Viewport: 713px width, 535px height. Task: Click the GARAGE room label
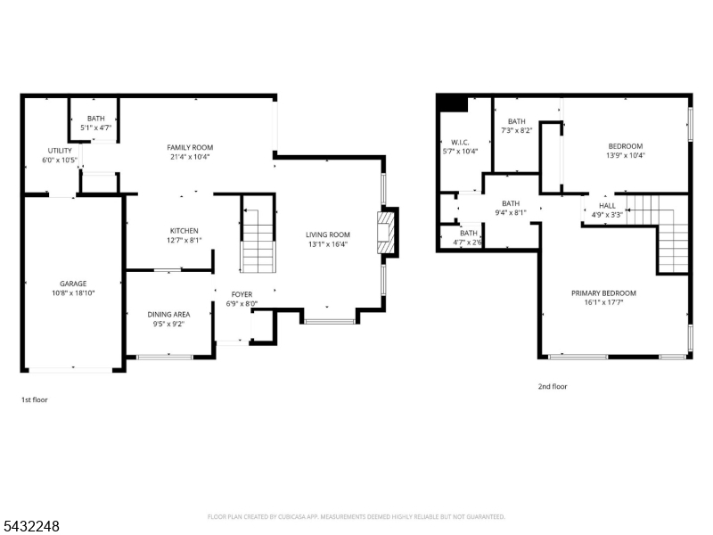[x=73, y=284]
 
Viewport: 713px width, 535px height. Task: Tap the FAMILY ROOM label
[x=190, y=147]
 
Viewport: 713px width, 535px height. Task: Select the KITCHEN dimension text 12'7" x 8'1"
[x=184, y=240]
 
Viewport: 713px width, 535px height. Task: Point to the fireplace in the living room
[x=386, y=233]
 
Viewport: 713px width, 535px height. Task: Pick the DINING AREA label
[x=168, y=315]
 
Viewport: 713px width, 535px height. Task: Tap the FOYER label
[x=242, y=294]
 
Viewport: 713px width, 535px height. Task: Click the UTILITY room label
[x=60, y=151]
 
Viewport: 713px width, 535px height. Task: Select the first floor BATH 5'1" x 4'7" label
[x=96, y=123]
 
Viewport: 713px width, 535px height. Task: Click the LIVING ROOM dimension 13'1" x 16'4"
[x=328, y=244]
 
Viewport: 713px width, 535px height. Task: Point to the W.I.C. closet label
[x=460, y=143]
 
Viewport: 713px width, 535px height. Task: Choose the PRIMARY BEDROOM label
[x=604, y=293]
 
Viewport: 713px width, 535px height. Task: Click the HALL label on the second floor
[x=607, y=206]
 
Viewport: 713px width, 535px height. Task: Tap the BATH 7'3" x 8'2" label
[x=517, y=126]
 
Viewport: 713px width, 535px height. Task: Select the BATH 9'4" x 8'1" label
[x=511, y=208]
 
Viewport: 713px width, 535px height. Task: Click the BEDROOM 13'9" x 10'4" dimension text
[x=626, y=155]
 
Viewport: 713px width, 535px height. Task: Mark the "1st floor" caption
[x=35, y=399]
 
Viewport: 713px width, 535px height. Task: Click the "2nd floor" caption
[x=553, y=386]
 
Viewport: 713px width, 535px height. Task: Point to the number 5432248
[x=30, y=526]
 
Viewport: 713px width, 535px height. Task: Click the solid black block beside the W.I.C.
[x=453, y=103]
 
